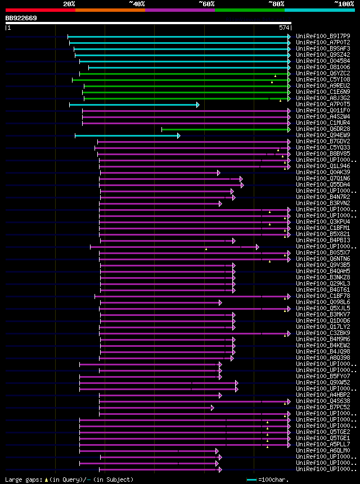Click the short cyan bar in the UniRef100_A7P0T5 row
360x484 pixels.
pos(133,105)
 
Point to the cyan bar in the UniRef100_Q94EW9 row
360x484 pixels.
pos(127,135)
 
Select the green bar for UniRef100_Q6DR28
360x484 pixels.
pos(225,129)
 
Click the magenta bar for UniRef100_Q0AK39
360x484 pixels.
pos(159,173)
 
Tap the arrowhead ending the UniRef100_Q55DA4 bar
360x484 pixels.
pos(242,185)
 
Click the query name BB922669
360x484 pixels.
pos(21,19)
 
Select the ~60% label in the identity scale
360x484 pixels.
pos(206,4)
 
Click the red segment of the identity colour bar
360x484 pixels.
pos(40,10)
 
